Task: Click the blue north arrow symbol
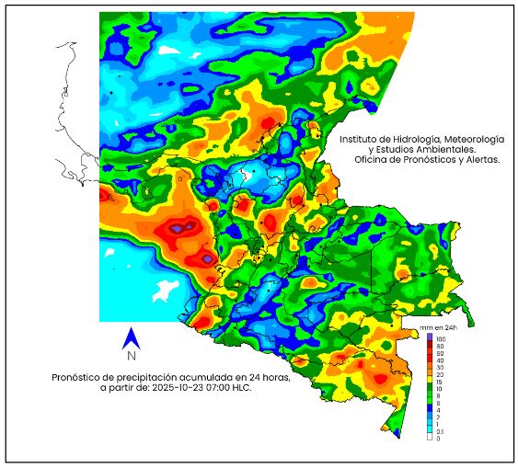pyautogui.click(x=132, y=337)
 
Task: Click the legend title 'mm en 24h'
pyautogui.click(x=438, y=327)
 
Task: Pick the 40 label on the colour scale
pyautogui.click(x=440, y=360)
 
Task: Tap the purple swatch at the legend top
pyautogui.click(x=430, y=337)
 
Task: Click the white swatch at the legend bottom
pyautogui.click(x=430, y=439)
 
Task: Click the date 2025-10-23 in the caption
pyautogui.click(x=180, y=388)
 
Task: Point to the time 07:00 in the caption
pyautogui.click(x=222, y=388)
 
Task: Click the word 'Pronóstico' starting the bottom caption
pyautogui.click(x=75, y=377)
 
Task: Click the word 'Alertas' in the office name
pyautogui.click(x=479, y=160)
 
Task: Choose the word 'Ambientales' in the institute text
pyautogui.click(x=445, y=149)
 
